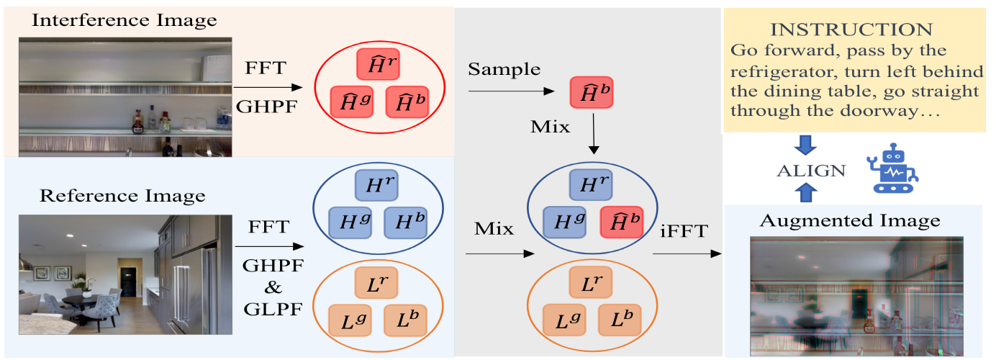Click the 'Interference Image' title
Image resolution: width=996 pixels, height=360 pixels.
(x=124, y=19)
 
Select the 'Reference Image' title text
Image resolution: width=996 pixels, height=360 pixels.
(x=122, y=195)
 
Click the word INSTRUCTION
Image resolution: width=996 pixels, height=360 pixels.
(x=851, y=30)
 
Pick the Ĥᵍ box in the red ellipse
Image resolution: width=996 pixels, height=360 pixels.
(x=352, y=102)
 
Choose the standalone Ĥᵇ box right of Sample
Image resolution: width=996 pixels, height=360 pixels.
(x=591, y=93)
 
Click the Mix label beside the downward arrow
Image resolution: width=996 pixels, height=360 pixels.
(x=550, y=127)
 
